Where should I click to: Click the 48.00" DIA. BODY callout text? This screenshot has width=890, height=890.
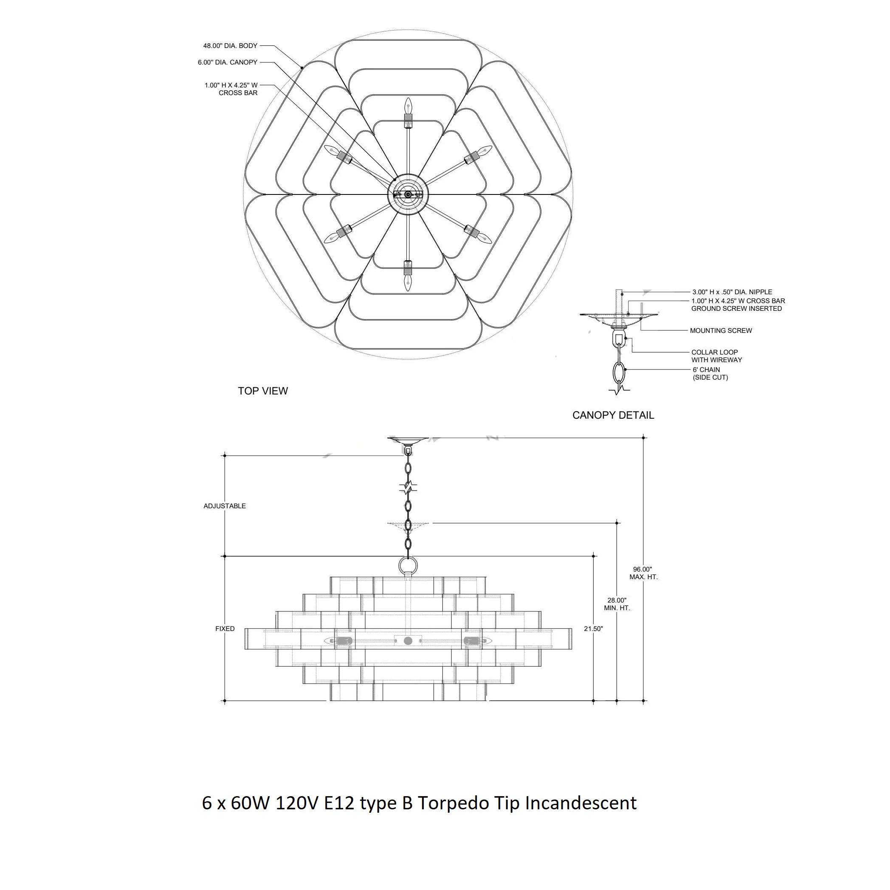click(230, 46)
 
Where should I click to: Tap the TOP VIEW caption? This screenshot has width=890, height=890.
click(262, 391)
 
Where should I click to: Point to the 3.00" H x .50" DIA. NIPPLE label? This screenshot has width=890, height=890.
click(732, 292)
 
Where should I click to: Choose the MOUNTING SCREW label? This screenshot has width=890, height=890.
click(721, 331)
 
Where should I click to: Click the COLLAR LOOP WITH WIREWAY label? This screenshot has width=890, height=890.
click(717, 356)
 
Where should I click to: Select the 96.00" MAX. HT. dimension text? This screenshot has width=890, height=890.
click(644, 573)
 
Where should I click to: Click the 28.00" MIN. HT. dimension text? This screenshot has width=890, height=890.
click(617, 604)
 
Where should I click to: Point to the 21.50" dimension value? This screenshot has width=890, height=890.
click(593, 629)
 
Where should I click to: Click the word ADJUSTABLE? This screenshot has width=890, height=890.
click(225, 506)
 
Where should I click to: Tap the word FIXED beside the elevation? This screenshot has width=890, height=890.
click(225, 629)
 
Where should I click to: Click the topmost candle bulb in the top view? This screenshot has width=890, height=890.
click(408, 106)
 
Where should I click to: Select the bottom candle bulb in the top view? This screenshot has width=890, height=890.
click(408, 282)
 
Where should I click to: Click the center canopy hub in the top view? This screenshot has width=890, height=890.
click(408, 195)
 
